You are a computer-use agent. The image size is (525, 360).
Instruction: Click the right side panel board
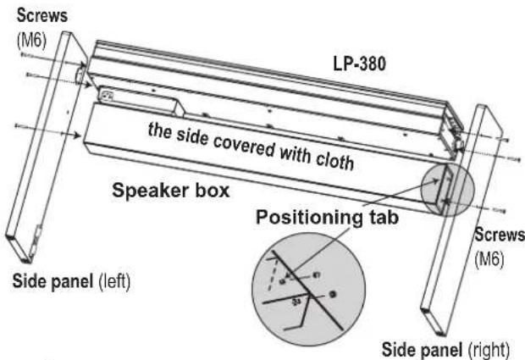point(457,220)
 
